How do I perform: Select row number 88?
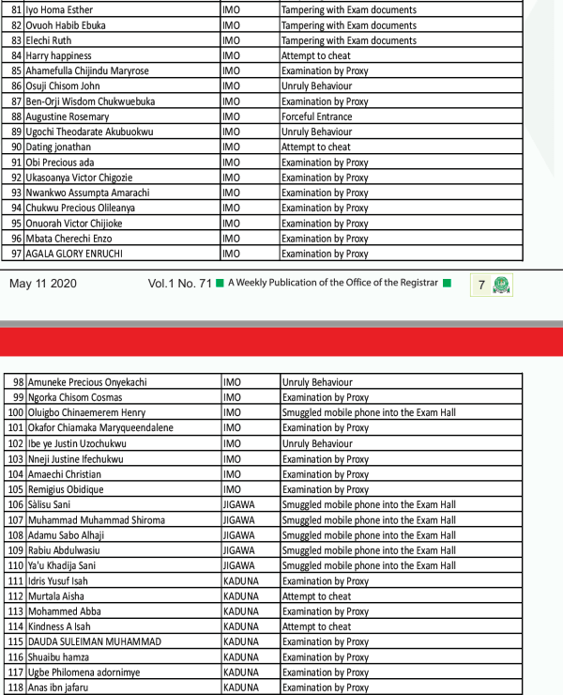[16, 116]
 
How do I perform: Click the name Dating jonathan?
[59, 147]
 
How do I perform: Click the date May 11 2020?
[43, 284]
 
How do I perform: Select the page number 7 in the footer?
[481, 284]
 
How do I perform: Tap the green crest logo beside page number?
[503, 284]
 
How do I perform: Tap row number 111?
[15, 581]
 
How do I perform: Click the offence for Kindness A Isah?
[316, 626]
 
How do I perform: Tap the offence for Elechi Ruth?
[349, 40]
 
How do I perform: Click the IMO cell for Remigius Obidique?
[232, 489]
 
